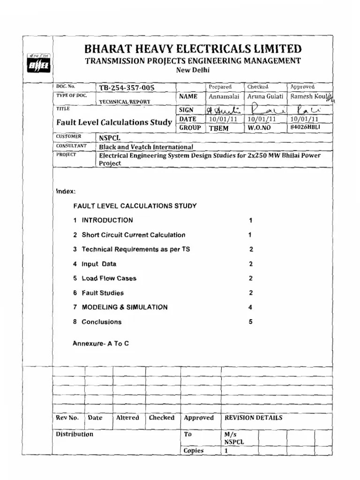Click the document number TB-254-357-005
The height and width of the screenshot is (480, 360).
(x=127, y=88)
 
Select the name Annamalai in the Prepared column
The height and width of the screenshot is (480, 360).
(x=224, y=97)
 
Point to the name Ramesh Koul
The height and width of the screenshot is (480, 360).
(x=308, y=97)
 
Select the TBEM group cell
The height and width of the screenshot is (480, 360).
(x=218, y=128)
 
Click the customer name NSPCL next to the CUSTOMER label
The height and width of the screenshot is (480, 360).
(x=110, y=138)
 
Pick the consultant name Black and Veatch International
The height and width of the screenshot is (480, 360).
(x=146, y=147)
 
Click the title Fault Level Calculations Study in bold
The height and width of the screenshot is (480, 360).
(x=114, y=122)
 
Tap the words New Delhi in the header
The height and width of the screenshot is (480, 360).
(x=192, y=70)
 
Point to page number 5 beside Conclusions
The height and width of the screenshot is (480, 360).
(x=251, y=322)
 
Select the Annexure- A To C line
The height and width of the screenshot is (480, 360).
(x=101, y=344)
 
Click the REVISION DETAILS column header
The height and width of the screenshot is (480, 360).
(x=253, y=418)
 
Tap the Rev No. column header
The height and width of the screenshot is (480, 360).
(x=67, y=418)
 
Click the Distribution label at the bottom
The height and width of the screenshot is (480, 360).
(x=75, y=434)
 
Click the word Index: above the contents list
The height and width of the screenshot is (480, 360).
(x=65, y=192)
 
